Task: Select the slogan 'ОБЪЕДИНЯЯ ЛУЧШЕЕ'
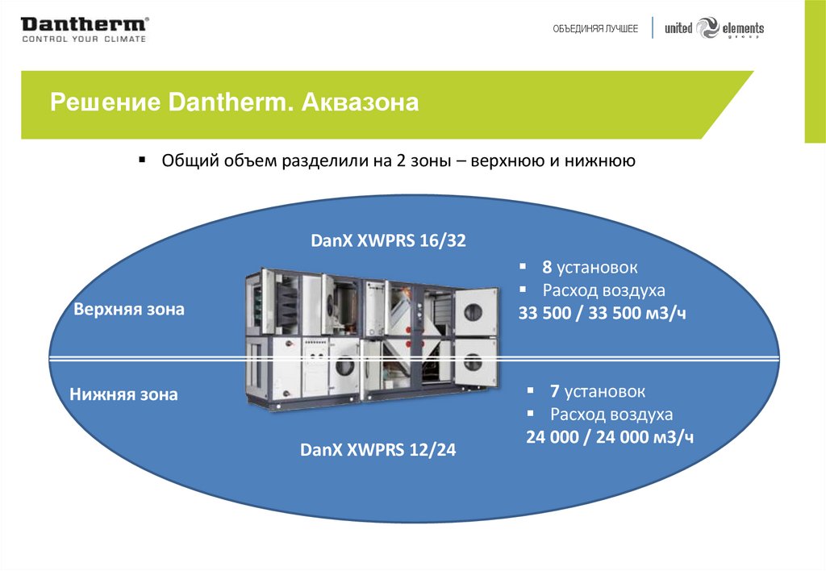(x=595, y=29)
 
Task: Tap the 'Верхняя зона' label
(x=129, y=309)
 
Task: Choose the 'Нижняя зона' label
(x=123, y=395)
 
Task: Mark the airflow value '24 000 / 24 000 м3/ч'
(x=610, y=438)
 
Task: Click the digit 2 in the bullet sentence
(x=400, y=161)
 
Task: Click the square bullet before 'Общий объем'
(x=142, y=160)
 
